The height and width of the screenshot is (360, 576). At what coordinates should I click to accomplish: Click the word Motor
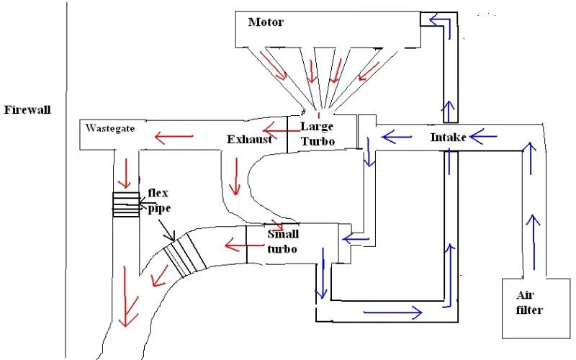click(x=266, y=22)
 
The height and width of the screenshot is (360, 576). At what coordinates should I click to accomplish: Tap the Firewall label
click(x=27, y=110)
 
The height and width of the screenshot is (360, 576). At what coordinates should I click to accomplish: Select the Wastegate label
click(x=110, y=128)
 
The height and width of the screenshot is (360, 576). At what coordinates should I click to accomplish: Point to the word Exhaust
click(x=249, y=140)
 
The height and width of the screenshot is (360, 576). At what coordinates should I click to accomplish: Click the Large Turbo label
click(x=318, y=134)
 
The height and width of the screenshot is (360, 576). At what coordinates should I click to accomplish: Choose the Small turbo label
click(x=282, y=241)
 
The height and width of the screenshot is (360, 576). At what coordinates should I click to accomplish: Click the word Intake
click(x=448, y=138)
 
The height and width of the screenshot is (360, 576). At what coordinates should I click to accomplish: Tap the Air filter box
click(x=536, y=308)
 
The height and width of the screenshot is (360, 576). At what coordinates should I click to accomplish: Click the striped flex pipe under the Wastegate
click(x=126, y=204)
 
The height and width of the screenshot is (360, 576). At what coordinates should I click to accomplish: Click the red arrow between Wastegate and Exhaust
click(x=174, y=137)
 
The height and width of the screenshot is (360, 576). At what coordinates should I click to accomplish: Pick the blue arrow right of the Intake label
click(x=483, y=137)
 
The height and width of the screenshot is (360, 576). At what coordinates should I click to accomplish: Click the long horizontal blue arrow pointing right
click(x=392, y=312)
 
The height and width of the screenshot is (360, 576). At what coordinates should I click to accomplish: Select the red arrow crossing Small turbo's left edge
click(x=240, y=245)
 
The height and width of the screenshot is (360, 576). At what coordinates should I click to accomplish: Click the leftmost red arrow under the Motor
click(x=274, y=66)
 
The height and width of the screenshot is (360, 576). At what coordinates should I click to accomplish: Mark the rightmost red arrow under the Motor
click(x=369, y=71)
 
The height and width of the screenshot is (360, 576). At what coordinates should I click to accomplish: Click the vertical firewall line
click(x=66, y=180)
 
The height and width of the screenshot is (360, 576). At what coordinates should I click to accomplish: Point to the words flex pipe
click(x=159, y=201)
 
